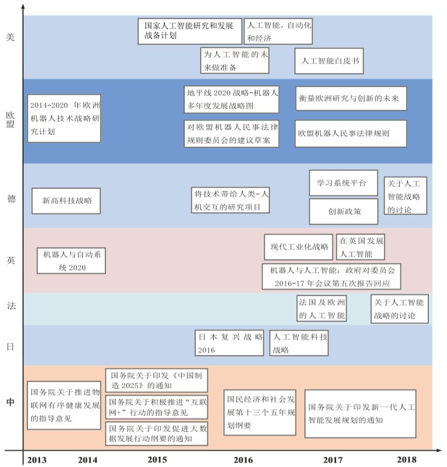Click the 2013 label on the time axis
(x=36, y=459)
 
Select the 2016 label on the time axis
(x=243, y=459)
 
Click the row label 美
(x=10, y=37)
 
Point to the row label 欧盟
(x=10, y=120)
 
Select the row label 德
(x=10, y=198)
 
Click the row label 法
(x=10, y=305)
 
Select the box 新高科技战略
(x=66, y=200)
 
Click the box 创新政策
(x=343, y=211)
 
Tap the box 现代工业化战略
(x=298, y=247)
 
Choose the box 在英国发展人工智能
(x=360, y=247)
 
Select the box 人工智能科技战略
(x=298, y=342)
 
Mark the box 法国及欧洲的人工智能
(x=322, y=309)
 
